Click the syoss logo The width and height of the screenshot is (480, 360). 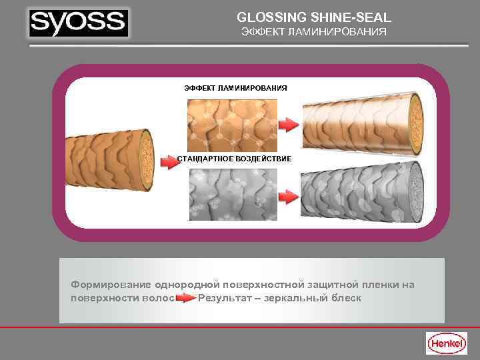[x=79, y=24]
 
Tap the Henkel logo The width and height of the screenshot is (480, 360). [x=446, y=343]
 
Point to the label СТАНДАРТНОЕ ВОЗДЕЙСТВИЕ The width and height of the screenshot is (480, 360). [x=234, y=159]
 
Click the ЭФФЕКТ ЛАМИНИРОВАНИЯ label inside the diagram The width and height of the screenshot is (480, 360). [x=235, y=88]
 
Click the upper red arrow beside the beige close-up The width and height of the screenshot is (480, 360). [x=287, y=125]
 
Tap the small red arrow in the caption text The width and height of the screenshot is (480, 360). [x=186, y=298]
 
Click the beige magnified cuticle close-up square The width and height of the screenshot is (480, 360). [x=231, y=125]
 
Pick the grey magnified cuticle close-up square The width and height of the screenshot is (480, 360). [x=231, y=194]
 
